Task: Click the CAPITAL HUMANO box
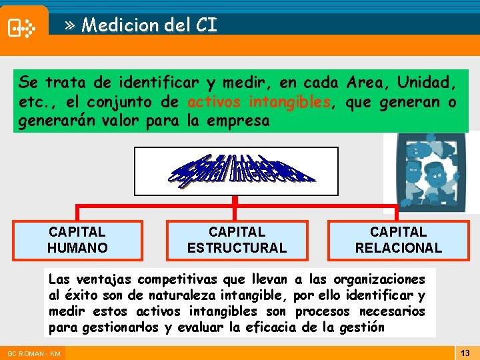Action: (x=77, y=240)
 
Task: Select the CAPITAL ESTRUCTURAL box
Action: (x=237, y=240)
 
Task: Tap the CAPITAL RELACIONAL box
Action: (x=398, y=240)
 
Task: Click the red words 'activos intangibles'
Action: (x=259, y=102)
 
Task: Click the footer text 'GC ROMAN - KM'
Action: (x=34, y=353)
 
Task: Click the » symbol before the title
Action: (x=71, y=26)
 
